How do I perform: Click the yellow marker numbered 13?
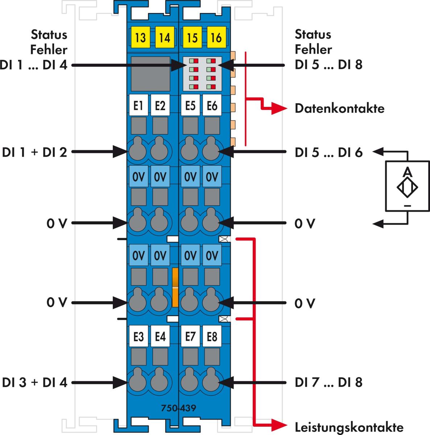coord(140,38)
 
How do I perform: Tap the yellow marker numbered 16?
coord(216,38)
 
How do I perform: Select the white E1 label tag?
coord(138,105)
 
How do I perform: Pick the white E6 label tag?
coord(212,105)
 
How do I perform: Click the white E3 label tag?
coord(138,337)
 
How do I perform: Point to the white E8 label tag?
coord(212,337)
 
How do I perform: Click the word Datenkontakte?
coord(339,108)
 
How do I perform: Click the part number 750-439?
coord(178,408)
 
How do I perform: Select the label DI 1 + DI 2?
coord(35,152)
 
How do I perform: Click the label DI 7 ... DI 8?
coord(328,382)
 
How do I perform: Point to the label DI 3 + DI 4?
coord(35,382)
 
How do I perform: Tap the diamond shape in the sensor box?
coord(407,187)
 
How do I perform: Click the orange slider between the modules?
coord(175,287)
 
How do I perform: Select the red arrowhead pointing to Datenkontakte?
coord(279,108)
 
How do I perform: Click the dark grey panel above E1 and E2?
coord(150,74)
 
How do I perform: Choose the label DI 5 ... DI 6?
coord(328,152)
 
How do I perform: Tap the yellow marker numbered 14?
coord(164,38)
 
